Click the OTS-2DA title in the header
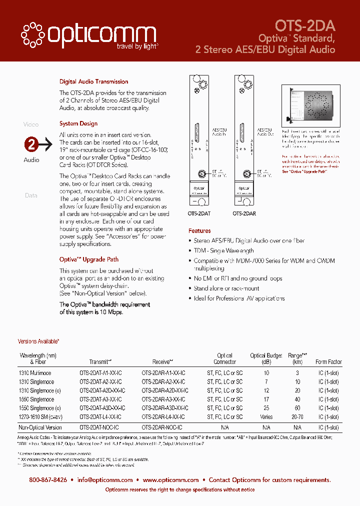point(305,25)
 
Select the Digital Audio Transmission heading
point(93,81)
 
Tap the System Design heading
point(78,123)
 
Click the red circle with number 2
point(31,145)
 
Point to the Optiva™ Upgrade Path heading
point(89,259)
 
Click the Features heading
point(199,231)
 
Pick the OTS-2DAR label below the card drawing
point(244,213)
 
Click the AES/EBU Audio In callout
point(219,131)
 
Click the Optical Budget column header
point(266,358)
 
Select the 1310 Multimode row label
point(35,373)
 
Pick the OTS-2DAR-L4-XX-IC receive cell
point(163,417)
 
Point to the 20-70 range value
point(297,417)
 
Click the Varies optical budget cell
point(266,417)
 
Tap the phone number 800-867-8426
point(48,480)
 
